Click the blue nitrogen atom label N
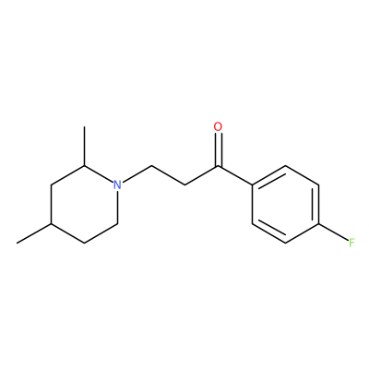pyautogui.click(x=117, y=184)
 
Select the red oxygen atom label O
pyautogui.click(x=218, y=127)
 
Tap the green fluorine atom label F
pyautogui.click(x=352, y=243)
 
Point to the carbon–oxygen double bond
pyautogui.click(x=218, y=150)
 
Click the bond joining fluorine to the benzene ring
pyautogui.click(x=333, y=232)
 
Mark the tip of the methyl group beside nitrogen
pyautogui.click(x=84, y=126)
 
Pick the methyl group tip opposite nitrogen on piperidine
pyautogui.click(x=18, y=244)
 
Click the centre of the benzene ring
pyautogui.click(x=285, y=205)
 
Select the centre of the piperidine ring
pyautogui.click(x=84, y=205)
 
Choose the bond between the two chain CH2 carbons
pyautogui.click(x=168, y=175)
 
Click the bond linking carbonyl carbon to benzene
pyautogui.click(x=235, y=175)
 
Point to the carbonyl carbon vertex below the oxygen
pyautogui.click(x=218, y=166)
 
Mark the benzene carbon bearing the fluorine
pyautogui.click(x=319, y=224)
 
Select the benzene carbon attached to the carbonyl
pyautogui.click(x=252, y=185)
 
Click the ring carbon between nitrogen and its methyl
pyautogui.click(x=84, y=166)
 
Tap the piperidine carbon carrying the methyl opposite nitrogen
pyautogui.click(x=51, y=224)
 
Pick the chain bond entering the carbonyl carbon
pyautogui.click(x=201, y=175)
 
